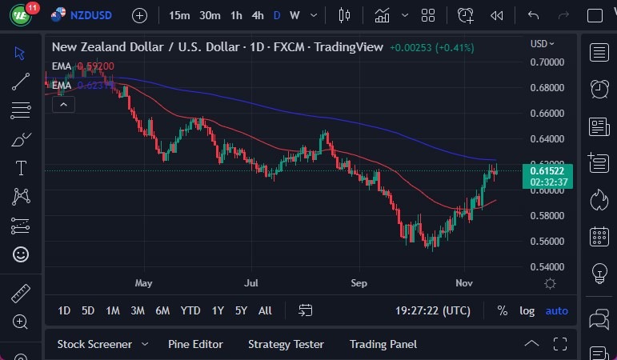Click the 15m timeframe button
(179, 15)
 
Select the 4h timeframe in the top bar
(257, 15)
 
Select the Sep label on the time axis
(359, 283)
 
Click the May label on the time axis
(143, 283)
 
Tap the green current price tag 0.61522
(548, 170)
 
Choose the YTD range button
(190, 310)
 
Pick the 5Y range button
(240, 310)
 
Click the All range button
(265, 310)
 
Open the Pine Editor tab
(195, 344)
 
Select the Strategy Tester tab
(286, 344)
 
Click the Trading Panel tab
(383, 344)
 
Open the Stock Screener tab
(94, 344)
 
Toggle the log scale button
(527, 310)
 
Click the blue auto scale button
(556, 310)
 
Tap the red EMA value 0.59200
(95, 66)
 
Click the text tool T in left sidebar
(21, 168)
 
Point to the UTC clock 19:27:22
(432, 310)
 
